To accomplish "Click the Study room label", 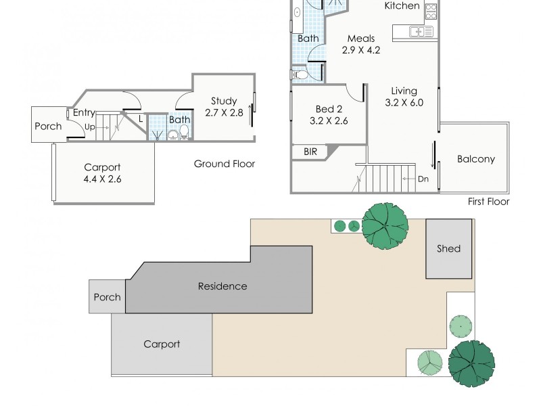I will point(223,101).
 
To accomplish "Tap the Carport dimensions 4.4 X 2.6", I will point(102,179).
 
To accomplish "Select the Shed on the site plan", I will point(448,248).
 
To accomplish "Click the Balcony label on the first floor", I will point(475,160).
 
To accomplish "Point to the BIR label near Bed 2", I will point(311,152).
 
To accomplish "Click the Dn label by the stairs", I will point(423,179).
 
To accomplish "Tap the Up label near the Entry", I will point(89,127).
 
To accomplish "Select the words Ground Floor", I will point(225,164).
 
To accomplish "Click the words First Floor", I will point(488,202).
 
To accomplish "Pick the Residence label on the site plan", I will point(222,286).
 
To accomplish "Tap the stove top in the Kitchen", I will point(431,11).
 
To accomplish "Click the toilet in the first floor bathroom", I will point(298,74).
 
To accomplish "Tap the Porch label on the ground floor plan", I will point(48,126).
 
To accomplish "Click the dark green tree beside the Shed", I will point(385,225).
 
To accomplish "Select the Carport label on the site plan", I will point(162,344).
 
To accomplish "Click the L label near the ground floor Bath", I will point(140,119).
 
